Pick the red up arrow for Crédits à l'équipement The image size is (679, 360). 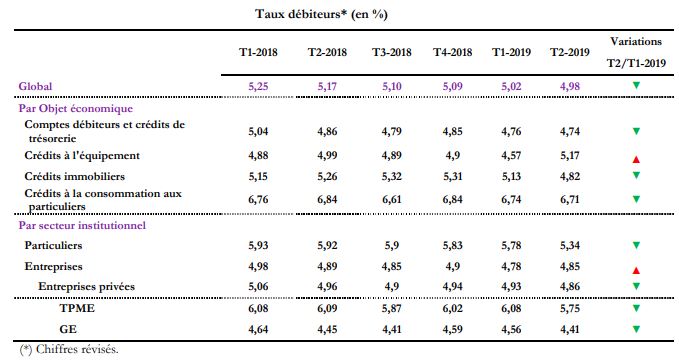[635, 160]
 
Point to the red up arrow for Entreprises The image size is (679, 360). [635, 271]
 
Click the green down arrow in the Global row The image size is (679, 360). [635, 86]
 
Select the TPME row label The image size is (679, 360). [76, 308]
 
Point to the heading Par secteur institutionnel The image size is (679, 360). [83, 225]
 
